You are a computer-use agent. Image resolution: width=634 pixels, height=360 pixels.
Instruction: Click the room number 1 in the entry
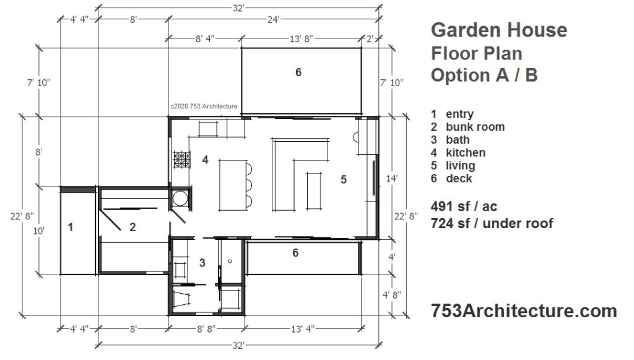(71, 227)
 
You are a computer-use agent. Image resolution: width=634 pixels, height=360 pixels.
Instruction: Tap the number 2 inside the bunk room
(132, 227)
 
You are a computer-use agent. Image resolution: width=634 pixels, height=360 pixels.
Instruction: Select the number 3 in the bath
(202, 263)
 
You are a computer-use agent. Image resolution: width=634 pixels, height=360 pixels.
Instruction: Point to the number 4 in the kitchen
(206, 160)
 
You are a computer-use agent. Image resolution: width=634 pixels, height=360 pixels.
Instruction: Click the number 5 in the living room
(344, 180)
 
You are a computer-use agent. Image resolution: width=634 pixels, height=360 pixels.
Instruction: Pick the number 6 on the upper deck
(298, 72)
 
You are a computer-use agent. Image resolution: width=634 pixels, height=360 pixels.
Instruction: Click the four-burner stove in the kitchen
(182, 159)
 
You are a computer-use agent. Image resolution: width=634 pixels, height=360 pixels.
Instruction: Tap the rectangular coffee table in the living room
(314, 191)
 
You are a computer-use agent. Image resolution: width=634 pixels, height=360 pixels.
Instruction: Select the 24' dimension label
(273, 19)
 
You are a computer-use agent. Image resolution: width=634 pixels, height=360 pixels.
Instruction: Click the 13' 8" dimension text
(302, 39)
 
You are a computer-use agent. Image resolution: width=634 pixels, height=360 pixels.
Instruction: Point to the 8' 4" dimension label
(205, 39)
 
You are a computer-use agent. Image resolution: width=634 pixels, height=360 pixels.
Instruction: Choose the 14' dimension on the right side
(392, 178)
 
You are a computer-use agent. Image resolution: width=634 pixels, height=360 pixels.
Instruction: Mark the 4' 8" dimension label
(392, 295)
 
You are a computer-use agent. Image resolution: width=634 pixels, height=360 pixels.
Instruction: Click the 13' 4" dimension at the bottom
(302, 329)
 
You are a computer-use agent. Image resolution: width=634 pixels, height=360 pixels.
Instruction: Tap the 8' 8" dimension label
(206, 329)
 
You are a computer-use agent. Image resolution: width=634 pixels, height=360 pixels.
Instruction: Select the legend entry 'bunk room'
(475, 127)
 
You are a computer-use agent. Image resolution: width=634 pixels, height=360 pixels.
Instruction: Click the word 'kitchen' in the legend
(466, 153)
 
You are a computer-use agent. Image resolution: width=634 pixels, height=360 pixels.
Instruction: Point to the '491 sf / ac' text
(464, 207)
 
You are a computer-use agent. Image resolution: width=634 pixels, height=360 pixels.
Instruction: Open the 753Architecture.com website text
(524, 310)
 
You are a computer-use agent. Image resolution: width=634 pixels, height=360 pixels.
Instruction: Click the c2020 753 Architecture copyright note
(204, 107)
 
